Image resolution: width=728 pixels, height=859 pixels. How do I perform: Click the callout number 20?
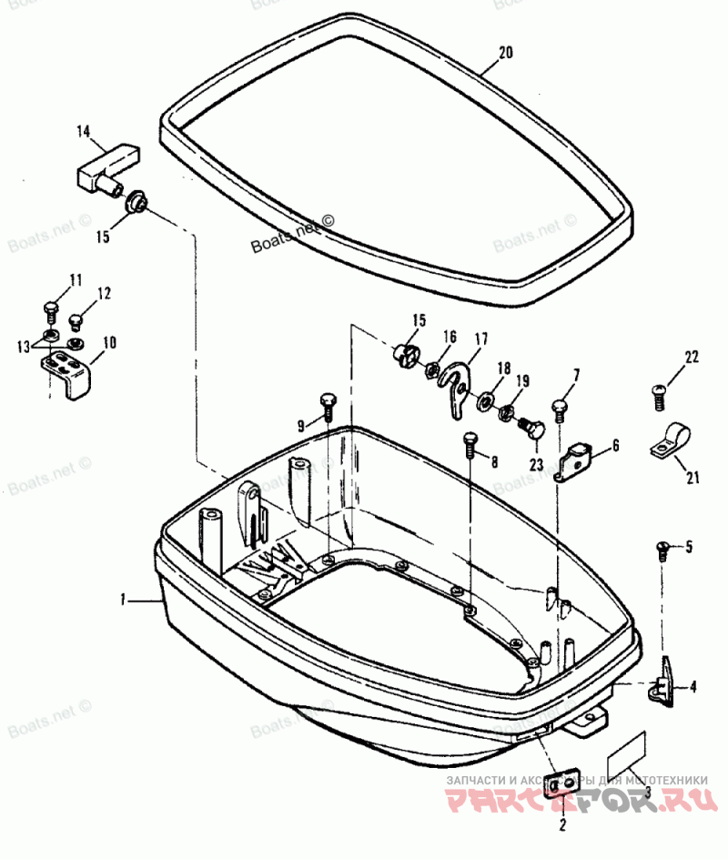(506, 53)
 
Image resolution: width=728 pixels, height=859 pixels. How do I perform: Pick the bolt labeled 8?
(470, 442)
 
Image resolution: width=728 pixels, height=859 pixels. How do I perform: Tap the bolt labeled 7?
(561, 407)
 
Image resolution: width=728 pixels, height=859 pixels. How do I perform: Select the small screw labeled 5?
(663, 547)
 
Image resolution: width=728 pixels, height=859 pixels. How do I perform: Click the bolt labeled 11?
(52, 306)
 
